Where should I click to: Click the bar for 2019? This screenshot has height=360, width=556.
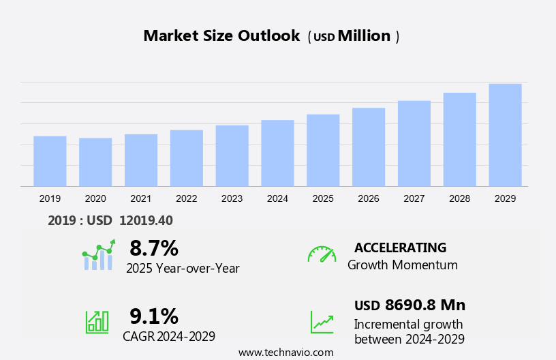(50, 161)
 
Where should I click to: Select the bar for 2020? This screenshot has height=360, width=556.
(95, 162)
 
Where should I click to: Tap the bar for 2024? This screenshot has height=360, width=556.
(277, 153)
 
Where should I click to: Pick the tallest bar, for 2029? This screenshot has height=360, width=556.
(505, 135)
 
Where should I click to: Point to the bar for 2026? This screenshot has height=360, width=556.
(369, 147)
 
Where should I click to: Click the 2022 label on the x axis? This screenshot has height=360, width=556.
(186, 198)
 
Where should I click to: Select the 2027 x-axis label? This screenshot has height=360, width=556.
(414, 198)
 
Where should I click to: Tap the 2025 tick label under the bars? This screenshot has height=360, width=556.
(323, 198)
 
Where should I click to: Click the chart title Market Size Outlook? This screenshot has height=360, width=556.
(221, 36)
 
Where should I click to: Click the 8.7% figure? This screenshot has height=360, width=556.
(154, 247)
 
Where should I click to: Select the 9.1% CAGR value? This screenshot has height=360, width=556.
(154, 316)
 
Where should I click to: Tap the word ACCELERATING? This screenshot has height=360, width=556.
(400, 247)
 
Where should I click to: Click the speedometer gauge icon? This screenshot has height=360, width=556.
(322, 254)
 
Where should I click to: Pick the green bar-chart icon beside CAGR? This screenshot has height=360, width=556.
(97, 321)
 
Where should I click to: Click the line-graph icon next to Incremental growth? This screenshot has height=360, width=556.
(322, 322)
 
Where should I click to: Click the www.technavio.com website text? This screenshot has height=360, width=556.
(285, 352)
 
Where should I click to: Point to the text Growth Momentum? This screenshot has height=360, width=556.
(403, 265)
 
